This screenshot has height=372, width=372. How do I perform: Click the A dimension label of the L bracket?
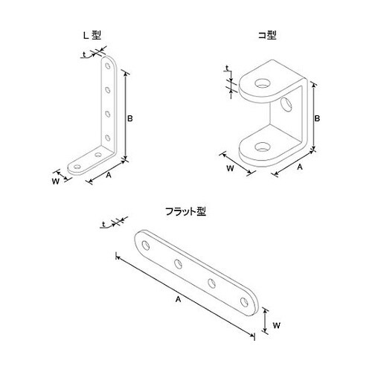109,176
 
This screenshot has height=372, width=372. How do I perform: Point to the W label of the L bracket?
55,180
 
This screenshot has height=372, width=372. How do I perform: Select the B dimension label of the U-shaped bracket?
318,118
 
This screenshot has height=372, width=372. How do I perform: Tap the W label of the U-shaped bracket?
230,168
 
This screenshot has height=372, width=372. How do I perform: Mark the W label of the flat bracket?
276,324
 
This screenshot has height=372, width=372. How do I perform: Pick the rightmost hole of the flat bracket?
244,301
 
